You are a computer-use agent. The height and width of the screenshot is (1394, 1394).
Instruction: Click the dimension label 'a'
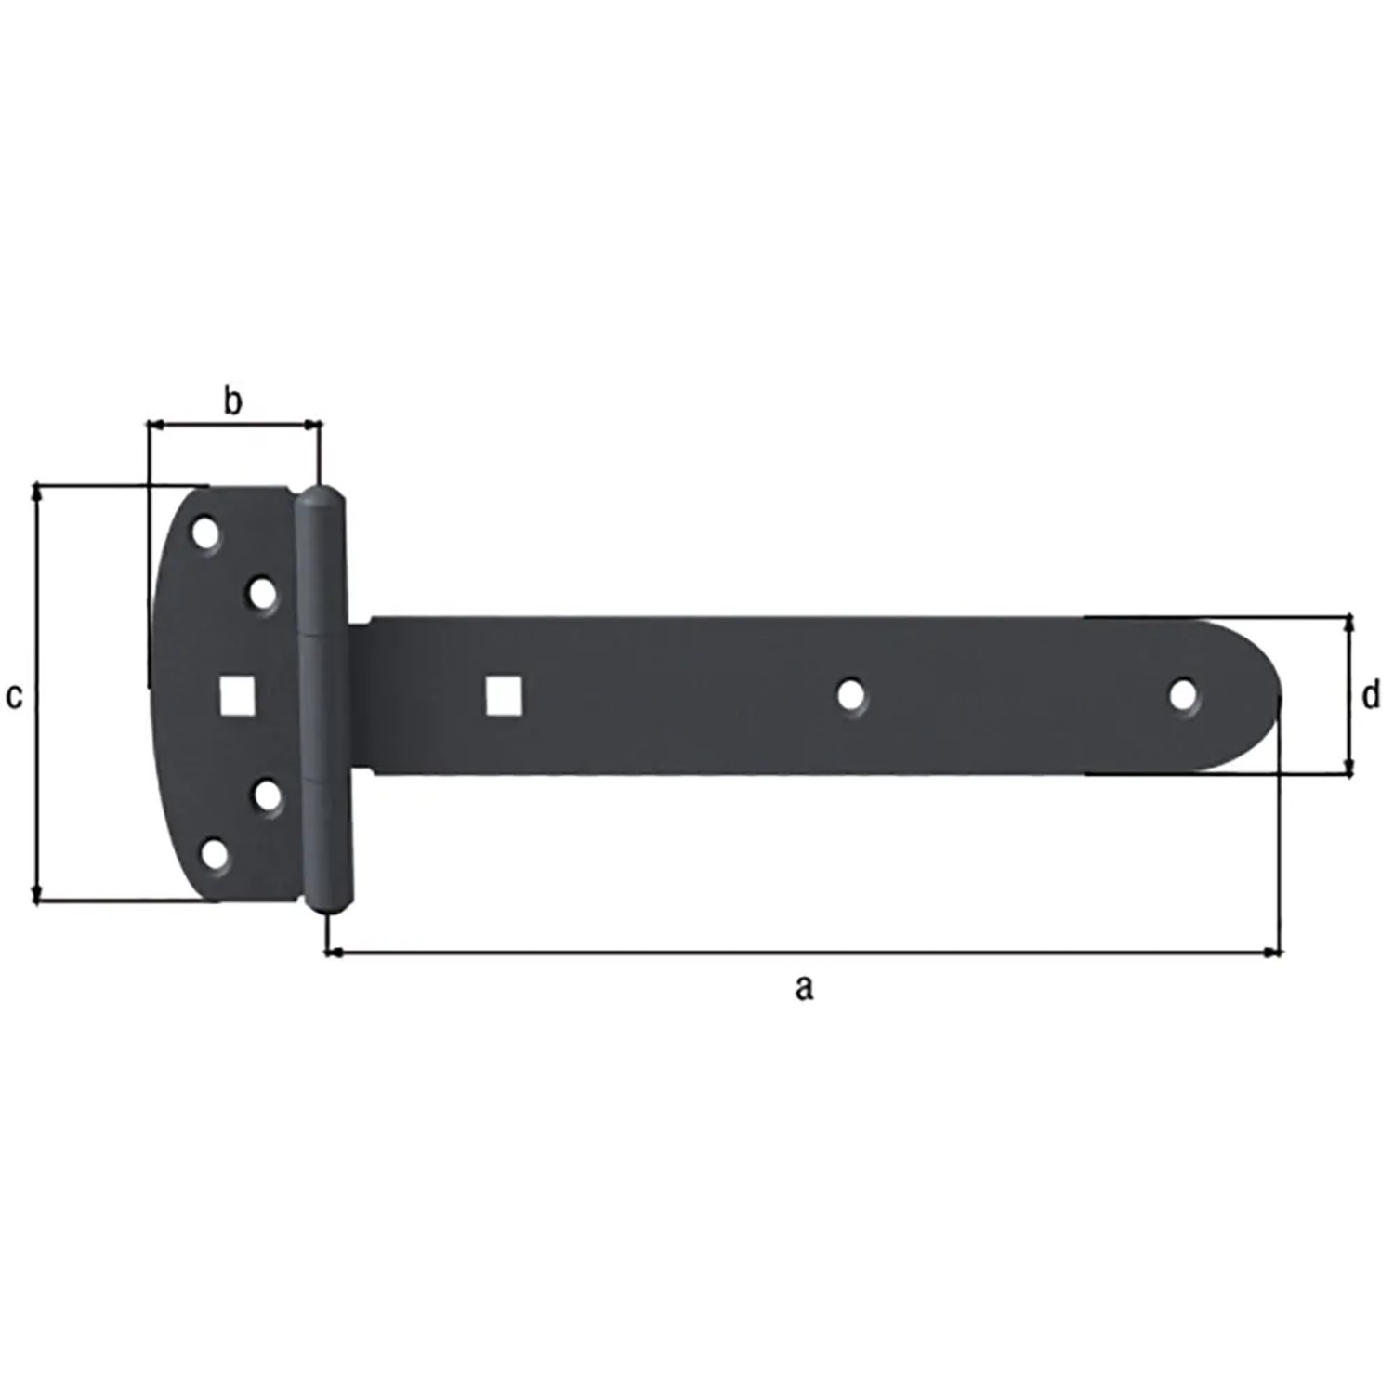(x=804, y=987)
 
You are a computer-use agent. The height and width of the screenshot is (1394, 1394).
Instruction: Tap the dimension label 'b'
(x=233, y=401)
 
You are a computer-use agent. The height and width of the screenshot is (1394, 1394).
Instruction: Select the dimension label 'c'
(x=14, y=695)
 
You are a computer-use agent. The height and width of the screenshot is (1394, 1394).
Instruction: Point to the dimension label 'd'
(x=1370, y=694)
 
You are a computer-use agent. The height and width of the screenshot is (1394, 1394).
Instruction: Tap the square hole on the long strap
(x=504, y=696)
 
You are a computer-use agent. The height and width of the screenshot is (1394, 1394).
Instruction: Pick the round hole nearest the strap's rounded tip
(x=1183, y=695)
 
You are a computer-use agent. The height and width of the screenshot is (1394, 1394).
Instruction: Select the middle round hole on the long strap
(x=850, y=695)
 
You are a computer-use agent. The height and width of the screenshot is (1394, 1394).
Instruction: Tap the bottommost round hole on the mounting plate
(x=215, y=854)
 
